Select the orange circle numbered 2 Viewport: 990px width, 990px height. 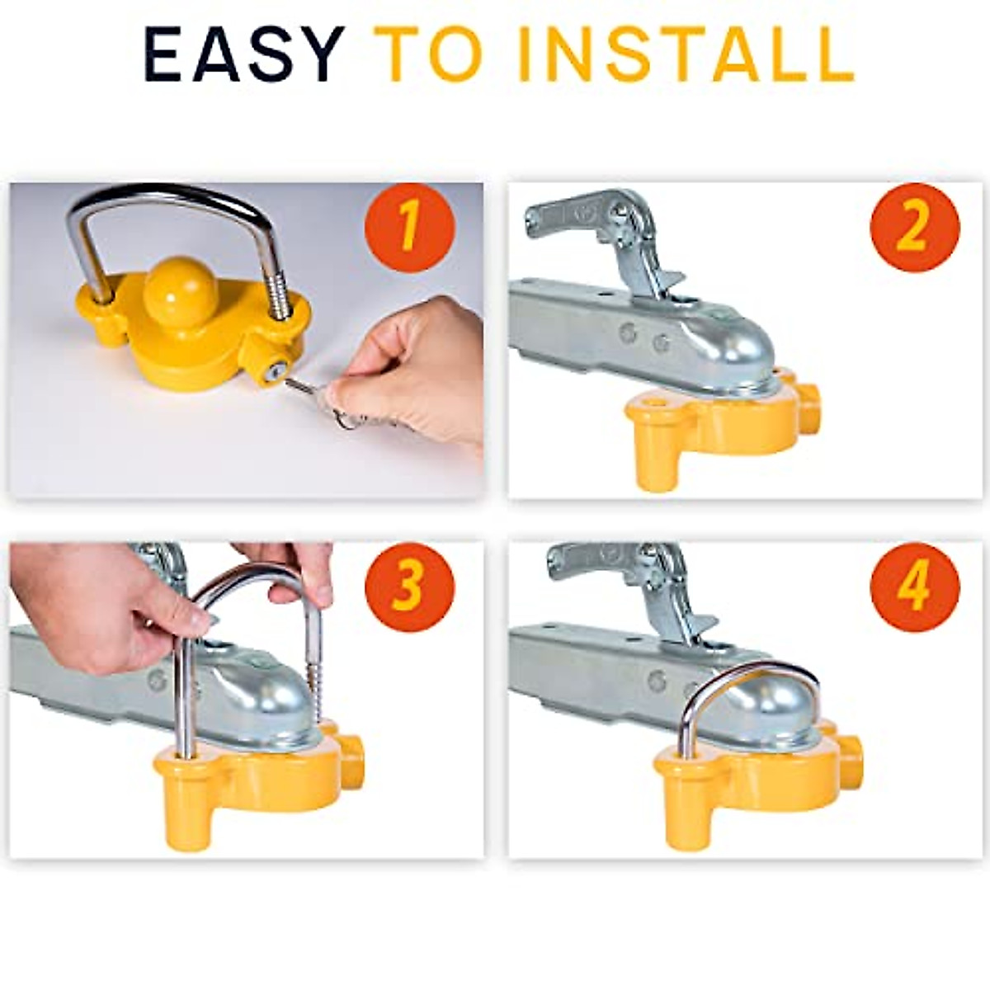[914, 228]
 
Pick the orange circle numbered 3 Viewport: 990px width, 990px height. [409, 587]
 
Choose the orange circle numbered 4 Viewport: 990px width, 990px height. [914, 587]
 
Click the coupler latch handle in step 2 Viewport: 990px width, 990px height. [577, 214]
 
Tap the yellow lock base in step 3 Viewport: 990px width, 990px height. [247, 784]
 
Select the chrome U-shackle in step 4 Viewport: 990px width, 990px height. [747, 676]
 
